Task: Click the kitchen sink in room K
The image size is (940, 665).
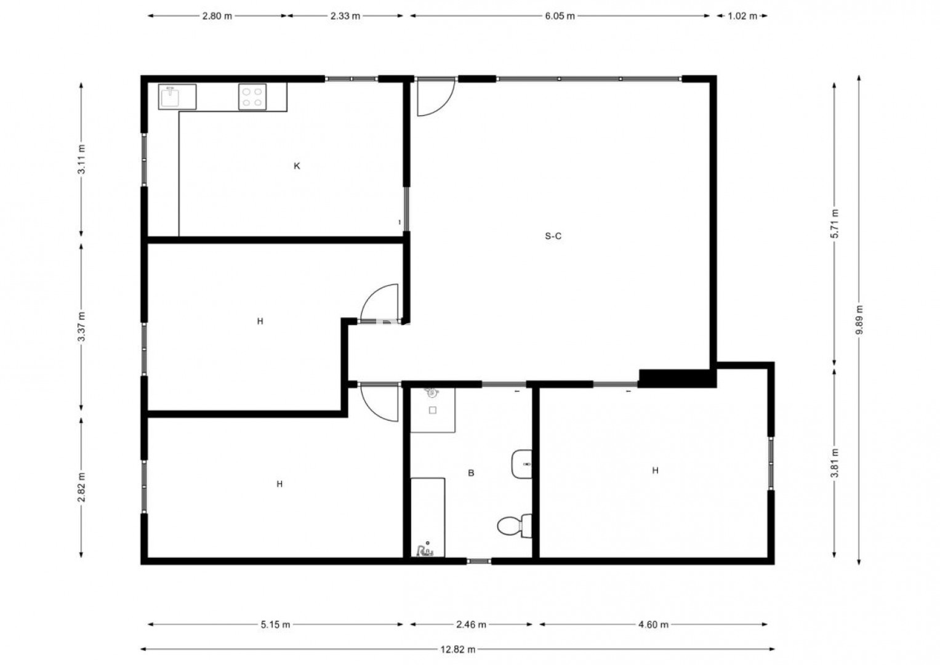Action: point(177,97)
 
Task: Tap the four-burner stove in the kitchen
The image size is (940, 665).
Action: point(252,97)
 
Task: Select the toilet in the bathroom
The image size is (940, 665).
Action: point(515,526)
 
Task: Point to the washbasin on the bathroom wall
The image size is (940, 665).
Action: point(521,464)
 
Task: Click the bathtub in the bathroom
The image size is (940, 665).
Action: point(428,517)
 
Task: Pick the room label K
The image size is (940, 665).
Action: point(297,166)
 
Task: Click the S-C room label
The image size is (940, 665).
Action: point(553,236)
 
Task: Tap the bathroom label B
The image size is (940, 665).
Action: point(471,473)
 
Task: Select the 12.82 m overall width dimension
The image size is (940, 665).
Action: point(458,650)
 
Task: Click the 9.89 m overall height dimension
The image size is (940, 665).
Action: point(859,320)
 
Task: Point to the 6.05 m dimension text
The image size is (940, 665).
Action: point(560,16)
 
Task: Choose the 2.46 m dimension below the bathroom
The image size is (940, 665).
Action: point(471,624)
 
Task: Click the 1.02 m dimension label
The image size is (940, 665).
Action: point(742,16)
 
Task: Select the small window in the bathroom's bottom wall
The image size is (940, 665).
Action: point(478,561)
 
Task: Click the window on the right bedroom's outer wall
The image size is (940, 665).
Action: point(771,464)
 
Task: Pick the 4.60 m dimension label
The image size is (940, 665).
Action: point(653,624)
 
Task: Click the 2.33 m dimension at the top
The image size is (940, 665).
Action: point(345,16)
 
